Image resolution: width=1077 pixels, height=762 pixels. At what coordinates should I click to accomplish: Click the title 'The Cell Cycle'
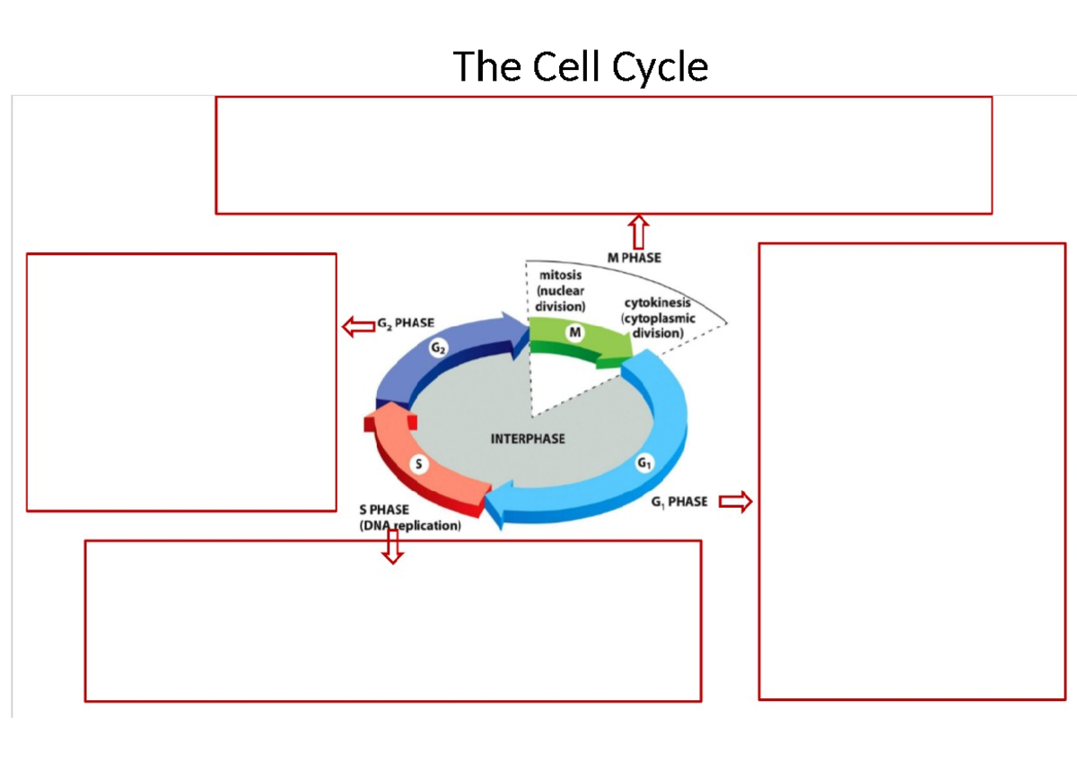coord(581,66)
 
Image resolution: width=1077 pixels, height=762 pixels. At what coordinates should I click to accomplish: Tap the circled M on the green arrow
coord(575,332)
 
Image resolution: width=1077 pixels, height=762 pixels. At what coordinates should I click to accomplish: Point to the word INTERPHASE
coord(528,439)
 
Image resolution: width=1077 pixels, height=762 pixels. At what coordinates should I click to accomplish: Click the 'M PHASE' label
coord(634,258)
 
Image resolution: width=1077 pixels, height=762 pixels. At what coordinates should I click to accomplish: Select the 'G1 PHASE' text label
coord(679,502)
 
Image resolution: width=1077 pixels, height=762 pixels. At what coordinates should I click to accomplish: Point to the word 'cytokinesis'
coord(657,304)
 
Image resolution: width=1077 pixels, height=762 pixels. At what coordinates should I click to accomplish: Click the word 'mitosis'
coord(560,276)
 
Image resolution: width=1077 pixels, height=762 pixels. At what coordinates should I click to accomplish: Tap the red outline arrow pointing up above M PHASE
coord(638,231)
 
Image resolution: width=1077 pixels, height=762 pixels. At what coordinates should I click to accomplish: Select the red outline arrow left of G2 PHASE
coord(357,326)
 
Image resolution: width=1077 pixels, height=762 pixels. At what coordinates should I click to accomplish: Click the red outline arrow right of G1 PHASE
coord(735,502)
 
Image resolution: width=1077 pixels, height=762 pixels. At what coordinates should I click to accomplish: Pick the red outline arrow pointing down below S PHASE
coord(391,546)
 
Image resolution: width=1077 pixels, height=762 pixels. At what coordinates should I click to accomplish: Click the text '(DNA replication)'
coord(409,526)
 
